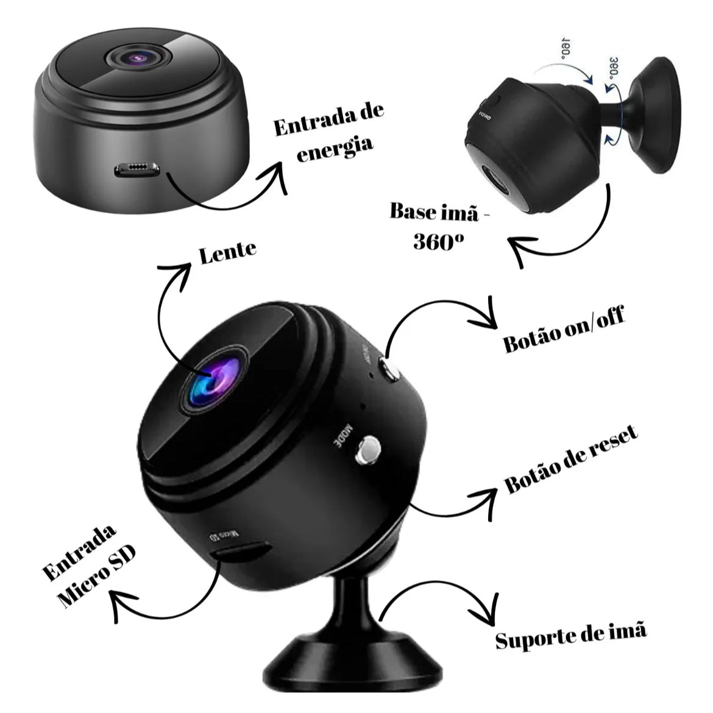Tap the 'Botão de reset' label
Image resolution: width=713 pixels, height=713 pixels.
572,460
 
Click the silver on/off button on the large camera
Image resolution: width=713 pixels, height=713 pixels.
389,370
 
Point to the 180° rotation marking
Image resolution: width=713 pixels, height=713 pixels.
564,47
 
